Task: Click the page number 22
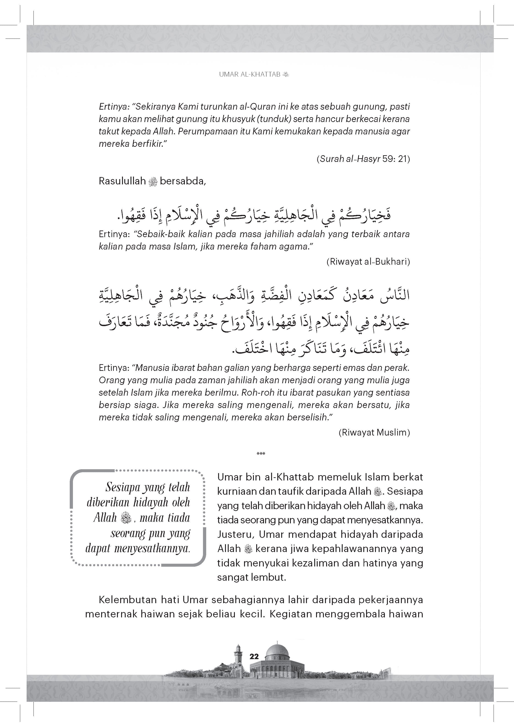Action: tap(254, 656)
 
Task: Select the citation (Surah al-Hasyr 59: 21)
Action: tap(363, 159)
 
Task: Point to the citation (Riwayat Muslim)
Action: tap(374, 433)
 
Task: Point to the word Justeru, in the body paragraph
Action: tap(236, 534)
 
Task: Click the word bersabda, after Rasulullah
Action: tap(183, 181)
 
